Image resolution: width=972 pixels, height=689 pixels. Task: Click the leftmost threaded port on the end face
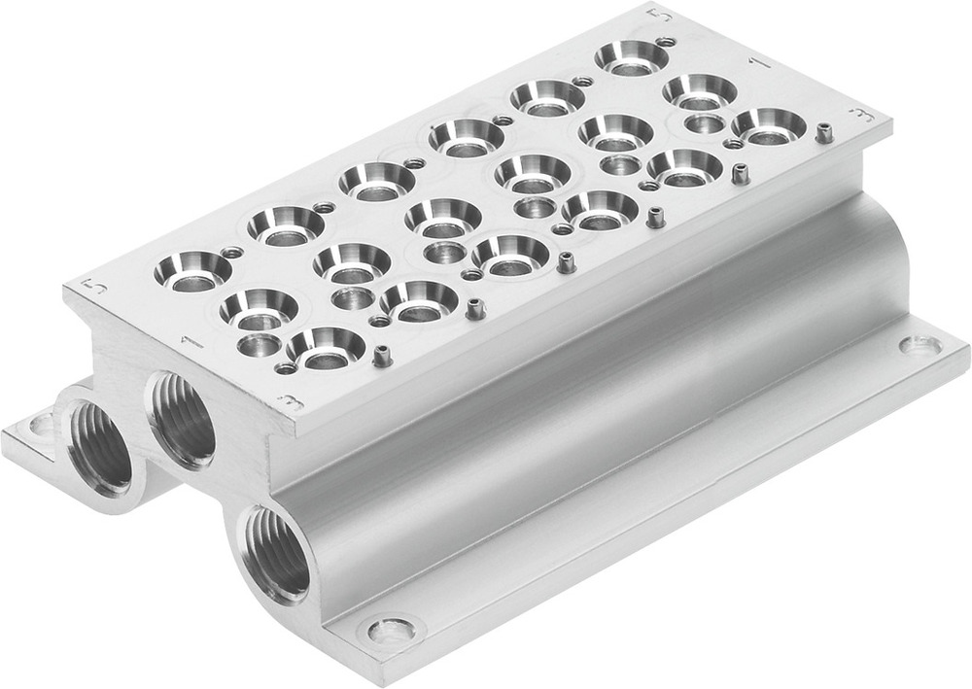(x=101, y=448)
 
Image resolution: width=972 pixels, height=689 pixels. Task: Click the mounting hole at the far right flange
(x=920, y=345)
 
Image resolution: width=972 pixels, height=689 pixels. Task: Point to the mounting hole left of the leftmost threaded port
(x=42, y=425)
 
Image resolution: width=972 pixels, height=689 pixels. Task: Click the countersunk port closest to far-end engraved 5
(x=632, y=57)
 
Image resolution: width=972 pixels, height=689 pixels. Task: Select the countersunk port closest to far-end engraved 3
(x=769, y=125)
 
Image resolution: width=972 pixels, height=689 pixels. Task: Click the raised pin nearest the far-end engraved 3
(x=824, y=132)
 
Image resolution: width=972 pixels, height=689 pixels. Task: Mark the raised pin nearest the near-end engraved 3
(x=382, y=356)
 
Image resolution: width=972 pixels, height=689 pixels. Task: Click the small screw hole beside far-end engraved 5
(x=666, y=42)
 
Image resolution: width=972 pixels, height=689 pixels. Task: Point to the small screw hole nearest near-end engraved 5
(x=232, y=253)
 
